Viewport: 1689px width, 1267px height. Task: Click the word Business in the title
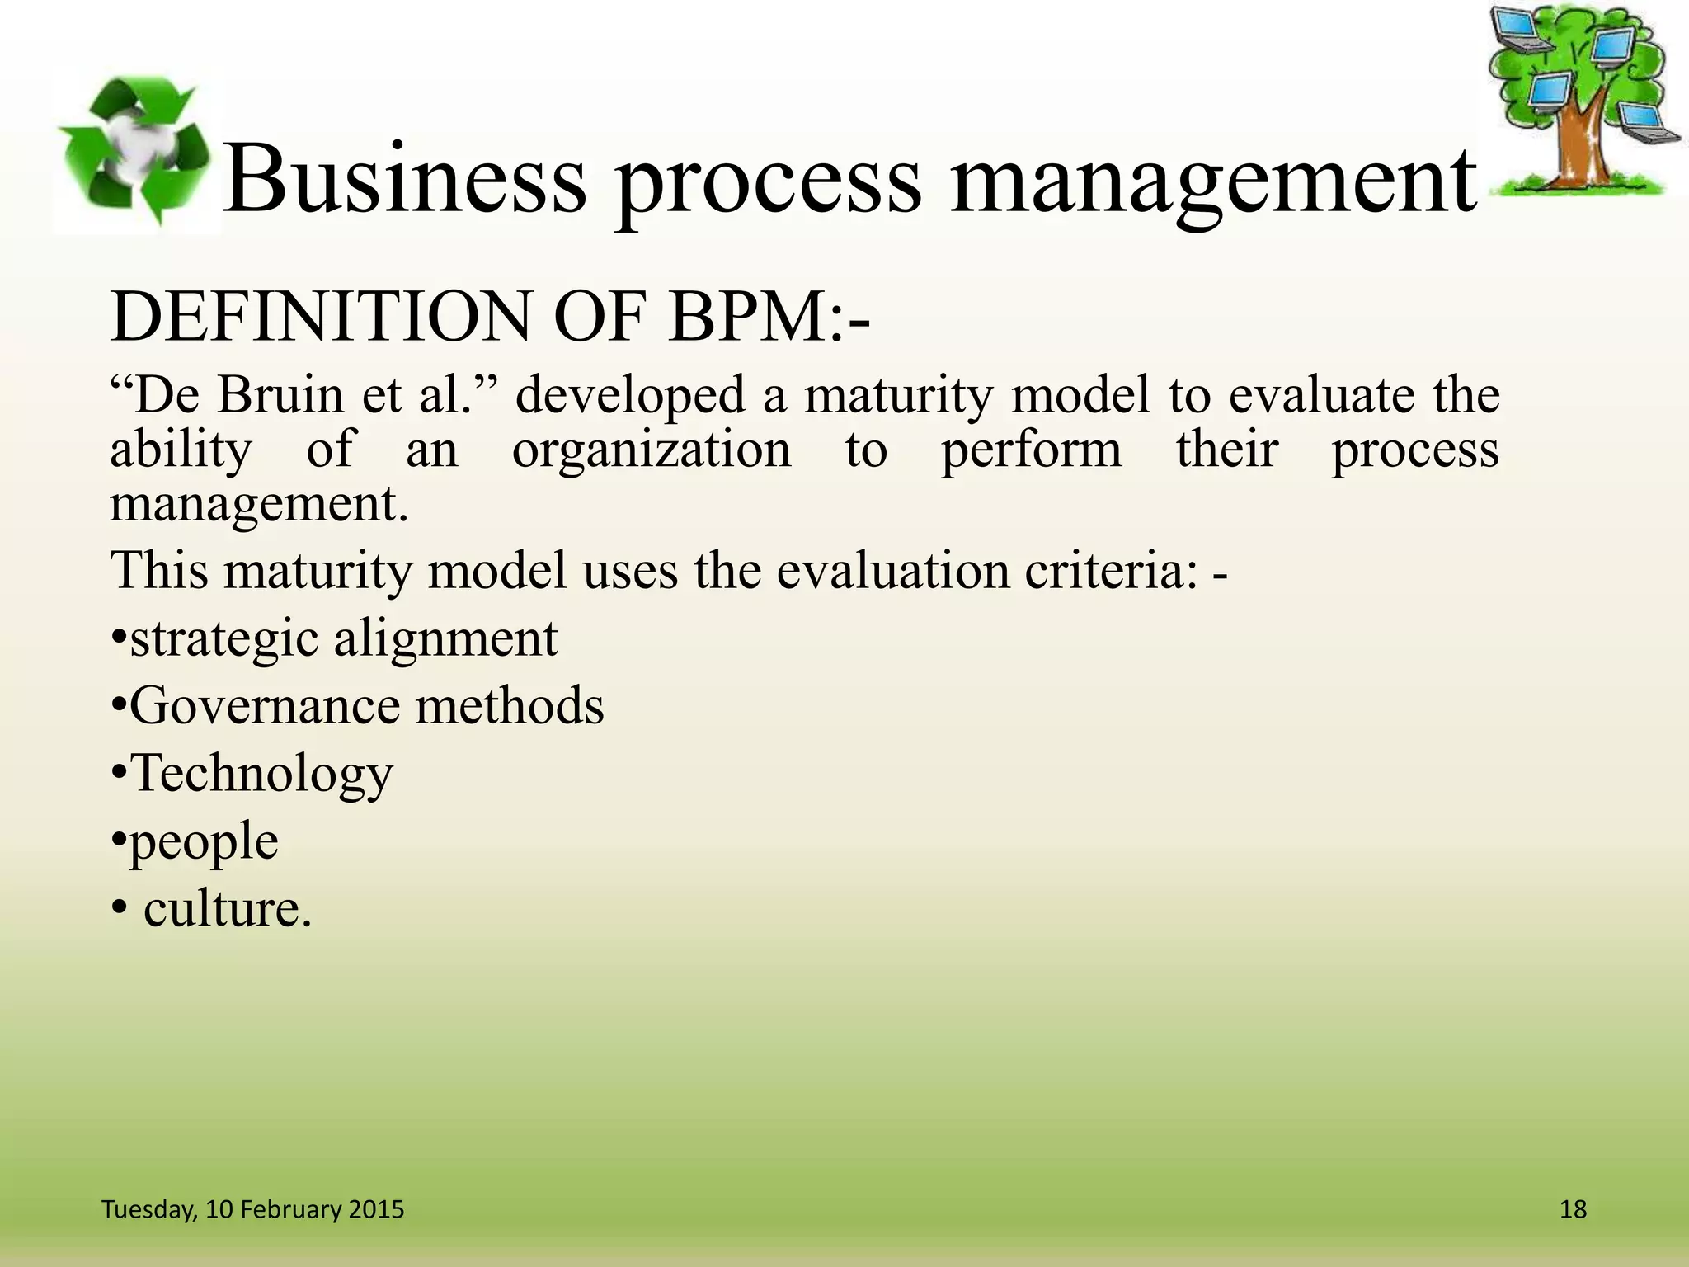(x=405, y=179)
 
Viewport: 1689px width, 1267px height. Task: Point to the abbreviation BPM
(x=747, y=318)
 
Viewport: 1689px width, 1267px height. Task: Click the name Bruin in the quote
(x=280, y=394)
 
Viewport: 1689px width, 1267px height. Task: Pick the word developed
(x=630, y=396)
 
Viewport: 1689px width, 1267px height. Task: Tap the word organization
(x=652, y=451)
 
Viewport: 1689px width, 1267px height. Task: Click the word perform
(x=1032, y=451)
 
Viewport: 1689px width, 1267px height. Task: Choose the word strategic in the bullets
(x=223, y=639)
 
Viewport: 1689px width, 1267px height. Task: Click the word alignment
(x=445, y=639)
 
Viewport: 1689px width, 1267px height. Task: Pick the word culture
(x=227, y=909)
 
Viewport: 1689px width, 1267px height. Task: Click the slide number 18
(x=1573, y=1209)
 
